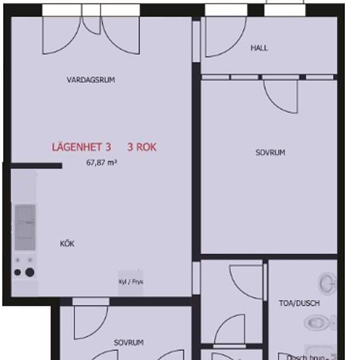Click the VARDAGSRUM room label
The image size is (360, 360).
(91, 80)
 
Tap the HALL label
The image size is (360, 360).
(259, 48)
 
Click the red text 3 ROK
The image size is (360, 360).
(142, 147)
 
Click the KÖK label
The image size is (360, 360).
(67, 243)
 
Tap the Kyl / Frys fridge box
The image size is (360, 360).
(130, 282)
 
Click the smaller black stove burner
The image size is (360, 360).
(18, 272)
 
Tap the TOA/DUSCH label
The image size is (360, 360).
(300, 303)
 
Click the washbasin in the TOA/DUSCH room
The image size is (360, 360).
(327, 283)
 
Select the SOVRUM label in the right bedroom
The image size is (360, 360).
(270, 153)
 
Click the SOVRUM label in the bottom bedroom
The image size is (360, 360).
(128, 342)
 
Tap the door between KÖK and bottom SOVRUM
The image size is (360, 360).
(89, 321)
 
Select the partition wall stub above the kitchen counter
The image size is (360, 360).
(36, 166)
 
